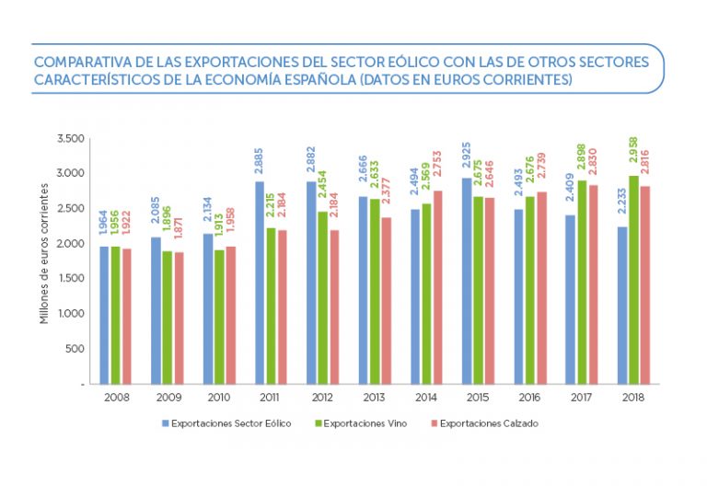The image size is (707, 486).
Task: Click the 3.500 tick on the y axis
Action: (70, 138)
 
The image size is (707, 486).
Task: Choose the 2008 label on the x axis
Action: (117, 398)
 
